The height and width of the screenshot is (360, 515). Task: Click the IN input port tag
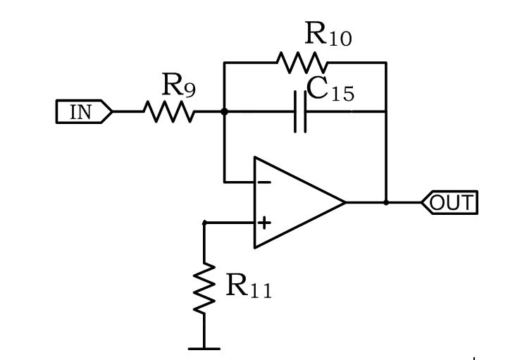click(84, 112)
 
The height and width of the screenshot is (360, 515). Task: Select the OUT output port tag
click(449, 202)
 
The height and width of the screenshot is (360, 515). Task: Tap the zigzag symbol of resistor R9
click(169, 112)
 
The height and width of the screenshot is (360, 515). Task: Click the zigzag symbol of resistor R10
click(302, 63)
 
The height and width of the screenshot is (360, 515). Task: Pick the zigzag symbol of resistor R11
click(204, 287)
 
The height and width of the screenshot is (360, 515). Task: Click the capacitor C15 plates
click(300, 112)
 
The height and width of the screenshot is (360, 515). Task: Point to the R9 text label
click(179, 85)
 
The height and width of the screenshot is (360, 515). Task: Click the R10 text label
click(328, 33)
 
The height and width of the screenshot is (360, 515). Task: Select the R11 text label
click(249, 286)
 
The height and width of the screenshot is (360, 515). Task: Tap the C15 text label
click(330, 89)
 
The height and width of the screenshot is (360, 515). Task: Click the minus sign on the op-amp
click(264, 182)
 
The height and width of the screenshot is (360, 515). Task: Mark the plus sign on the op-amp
click(264, 223)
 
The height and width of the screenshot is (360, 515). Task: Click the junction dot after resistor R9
click(224, 112)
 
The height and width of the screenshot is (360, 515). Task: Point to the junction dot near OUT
click(386, 203)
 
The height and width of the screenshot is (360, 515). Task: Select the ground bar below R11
click(204, 349)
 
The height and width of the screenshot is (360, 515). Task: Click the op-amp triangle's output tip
click(345, 202)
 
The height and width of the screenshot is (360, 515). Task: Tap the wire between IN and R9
click(128, 112)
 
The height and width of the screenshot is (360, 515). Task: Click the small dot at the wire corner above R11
click(204, 223)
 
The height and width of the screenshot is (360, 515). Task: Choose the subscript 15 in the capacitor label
click(343, 94)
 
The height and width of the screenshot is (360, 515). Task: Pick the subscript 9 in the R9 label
click(190, 89)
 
